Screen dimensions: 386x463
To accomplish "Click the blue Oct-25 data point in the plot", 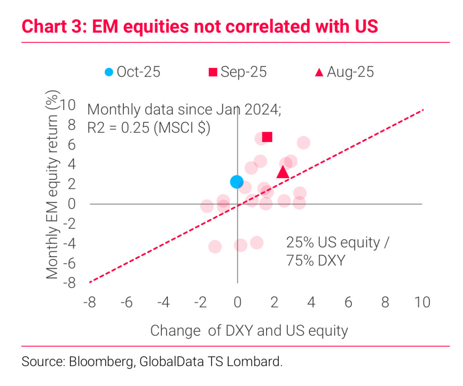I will (236, 182).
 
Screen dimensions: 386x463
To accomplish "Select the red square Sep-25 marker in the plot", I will (267, 137).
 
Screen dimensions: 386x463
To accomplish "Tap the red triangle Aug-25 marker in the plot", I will (282, 172).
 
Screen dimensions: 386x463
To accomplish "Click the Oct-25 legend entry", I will (132, 72).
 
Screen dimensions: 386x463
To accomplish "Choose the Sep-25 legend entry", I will (238, 72).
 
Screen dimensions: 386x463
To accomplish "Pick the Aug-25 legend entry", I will (344, 72).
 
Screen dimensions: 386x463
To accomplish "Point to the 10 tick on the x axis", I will (422, 303).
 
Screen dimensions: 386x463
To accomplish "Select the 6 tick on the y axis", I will (71, 145).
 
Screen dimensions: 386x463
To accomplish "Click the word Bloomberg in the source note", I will (99, 362).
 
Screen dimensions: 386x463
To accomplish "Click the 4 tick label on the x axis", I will (311, 303).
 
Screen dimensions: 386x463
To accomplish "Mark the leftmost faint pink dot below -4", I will (215, 247).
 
